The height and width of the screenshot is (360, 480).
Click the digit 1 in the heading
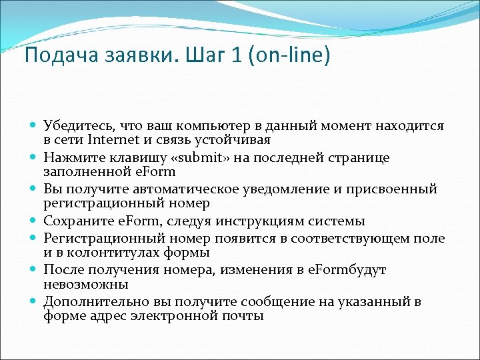click(235, 55)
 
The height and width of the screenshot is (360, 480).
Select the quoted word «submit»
click(198, 157)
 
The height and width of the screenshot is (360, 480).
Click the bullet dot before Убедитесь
click(34, 126)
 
